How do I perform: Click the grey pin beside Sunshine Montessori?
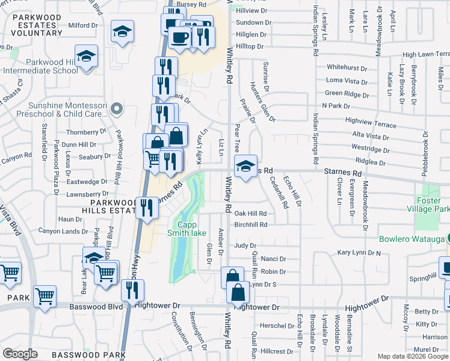click(x=117, y=109)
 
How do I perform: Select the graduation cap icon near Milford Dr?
click(x=123, y=33)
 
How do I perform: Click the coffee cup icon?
click(x=180, y=37)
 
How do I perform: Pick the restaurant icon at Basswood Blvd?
click(x=132, y=291)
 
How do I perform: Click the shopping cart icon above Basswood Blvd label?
click(x=45, y=296)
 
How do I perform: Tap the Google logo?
click(x=20, y=354)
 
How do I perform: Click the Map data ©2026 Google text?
click(x=412, y=356)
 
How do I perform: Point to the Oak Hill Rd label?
click(x=250, y=214)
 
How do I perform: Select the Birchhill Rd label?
click(x=250, y=224)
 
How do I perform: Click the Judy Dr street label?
click(x=245, y=245)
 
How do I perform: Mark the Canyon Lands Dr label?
click(x=63, y=231)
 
